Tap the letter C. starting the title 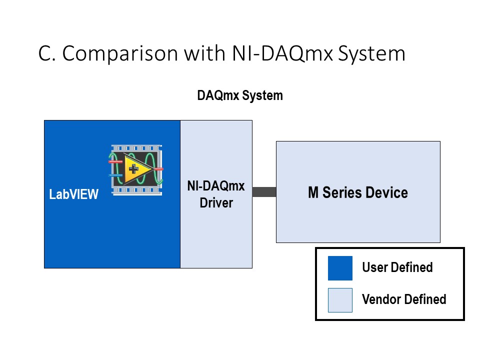pyautogui.click(x=46, y=54)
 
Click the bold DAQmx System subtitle pyautogui.click(x=240, y=95)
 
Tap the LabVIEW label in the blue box pyautogui.click(x=74, y=194)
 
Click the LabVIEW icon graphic pyautogui.click(x=136, y=169)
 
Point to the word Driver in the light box pyautogui.click(x=216, y=203)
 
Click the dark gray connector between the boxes pyautogui.click(x=264, y=192)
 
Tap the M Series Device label pyautogui.click(x=357, y=192)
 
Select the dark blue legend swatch pyautogui.click(x=340, y=268)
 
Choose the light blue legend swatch pyautogui.click(x=340, y=300)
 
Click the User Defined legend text pyautogui.click(x=397, y=267)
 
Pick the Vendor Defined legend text pyautogui.click(x=404, y=299)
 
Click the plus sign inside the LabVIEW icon pyautogui.click(x=133, y=169)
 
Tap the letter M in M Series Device pyautogui.click(x=313, y=192)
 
